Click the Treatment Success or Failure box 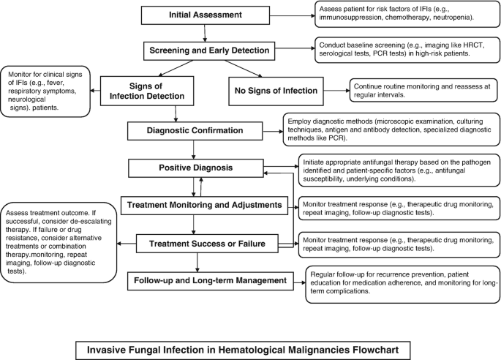[203, 243]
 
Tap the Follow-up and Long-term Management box [204, 280]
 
